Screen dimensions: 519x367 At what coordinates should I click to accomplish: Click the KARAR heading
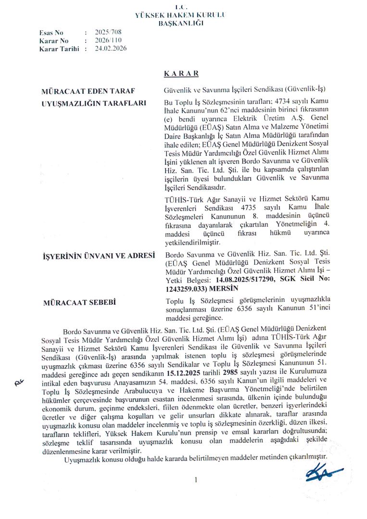tap(181, 74)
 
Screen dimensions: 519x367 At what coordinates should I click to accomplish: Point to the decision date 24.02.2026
tap(111, 49)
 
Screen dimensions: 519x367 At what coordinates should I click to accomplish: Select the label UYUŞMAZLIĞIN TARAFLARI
tap(93, 102)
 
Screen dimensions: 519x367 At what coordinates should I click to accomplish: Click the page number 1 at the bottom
tap(196, 480)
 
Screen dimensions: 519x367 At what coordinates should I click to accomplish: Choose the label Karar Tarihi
tap(59, 49)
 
